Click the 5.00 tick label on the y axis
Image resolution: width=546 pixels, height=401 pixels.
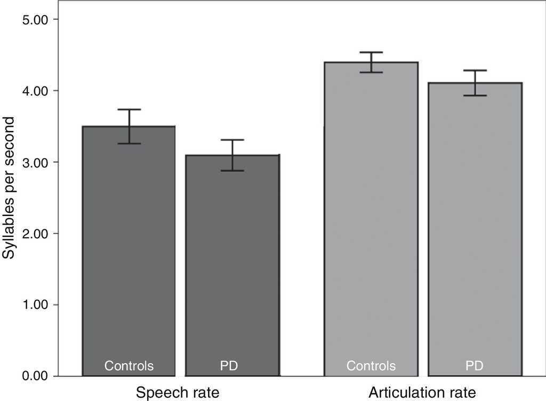pyautogui.click(x=34, y=20)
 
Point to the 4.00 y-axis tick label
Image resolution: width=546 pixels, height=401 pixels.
pyautogui.click(x=34, y=91)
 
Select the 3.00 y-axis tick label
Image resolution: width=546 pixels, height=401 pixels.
pyautogui.click(x=34, y=162)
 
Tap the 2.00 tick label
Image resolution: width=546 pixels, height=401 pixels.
pyautogui.click(x=34, y=234)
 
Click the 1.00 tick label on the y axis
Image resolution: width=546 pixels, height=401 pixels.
pyautogui.click(x=34, y=305)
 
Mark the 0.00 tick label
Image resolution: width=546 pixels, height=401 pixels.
pyautogui.click(x=34, y=376)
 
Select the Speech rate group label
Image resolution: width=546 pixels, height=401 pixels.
pyautogui.click(x=178, y=393)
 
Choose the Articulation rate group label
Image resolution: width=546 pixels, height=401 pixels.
pyautogui.click(x=422, y=393)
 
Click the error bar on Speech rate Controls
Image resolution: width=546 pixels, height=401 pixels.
pyautogui.click(x=129, y=126)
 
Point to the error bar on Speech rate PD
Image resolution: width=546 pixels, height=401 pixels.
pyautogui.click(x=232, y=155)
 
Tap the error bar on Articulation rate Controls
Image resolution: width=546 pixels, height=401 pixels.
pyautogui.click(x=371, y=62)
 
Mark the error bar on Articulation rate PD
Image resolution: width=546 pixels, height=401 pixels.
pyautogui.click(x=475, y=83)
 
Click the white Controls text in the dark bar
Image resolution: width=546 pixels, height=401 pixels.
pyautogui.click(x=129, y=366)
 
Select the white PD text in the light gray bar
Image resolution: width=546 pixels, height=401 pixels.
pyautogui.click(x=475, y=366)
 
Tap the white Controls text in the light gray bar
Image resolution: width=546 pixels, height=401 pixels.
pyautogui.click(x=371, y=366)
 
